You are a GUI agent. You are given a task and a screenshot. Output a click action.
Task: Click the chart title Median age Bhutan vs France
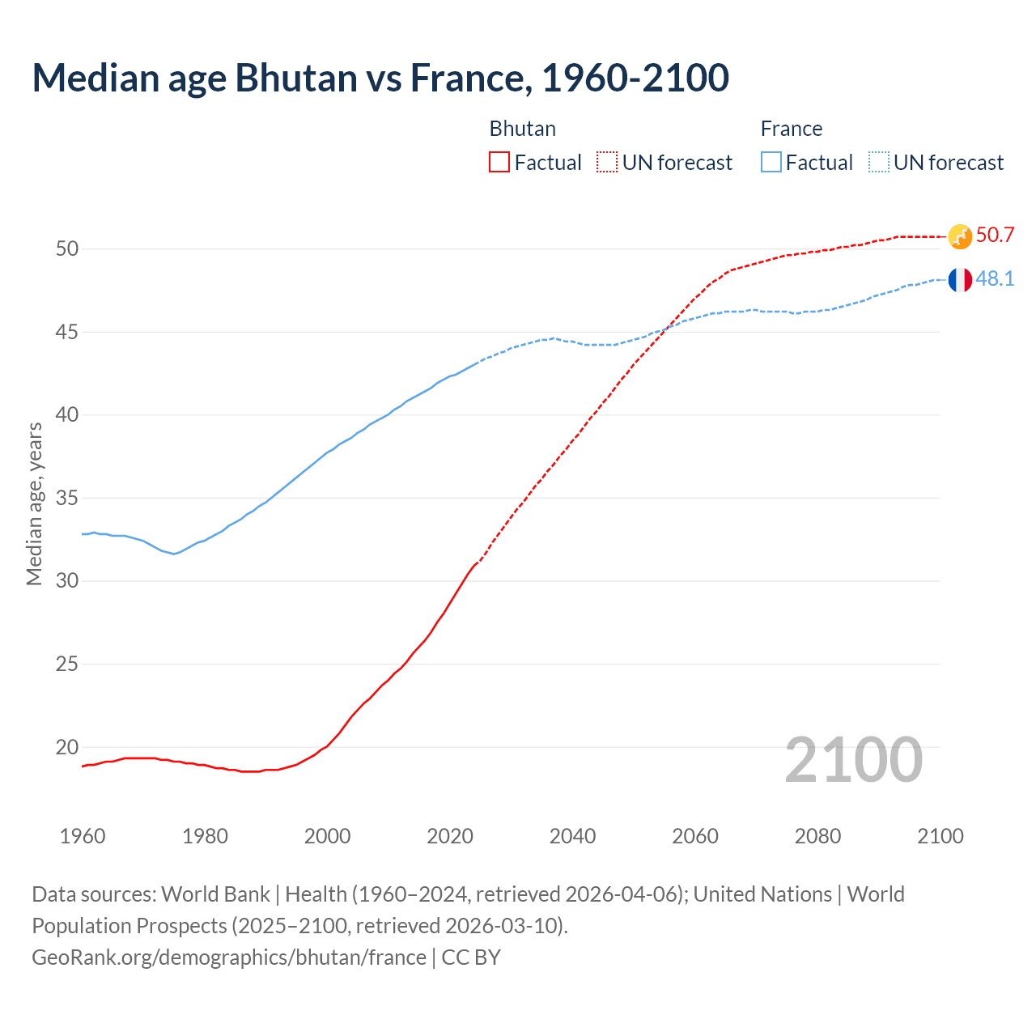pyautogui.click(x=380, y=78)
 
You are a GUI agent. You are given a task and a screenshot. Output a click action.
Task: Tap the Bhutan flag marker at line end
pyautogui.click(x=960, y=236)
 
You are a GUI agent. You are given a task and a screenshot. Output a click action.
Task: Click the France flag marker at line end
pyautogui.click(x=960, y=280)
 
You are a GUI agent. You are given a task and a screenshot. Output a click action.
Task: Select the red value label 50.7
pyautogui.click(x=995, y=236)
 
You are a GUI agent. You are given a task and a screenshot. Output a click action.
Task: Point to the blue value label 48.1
pyautogui.click(x=995, y=279)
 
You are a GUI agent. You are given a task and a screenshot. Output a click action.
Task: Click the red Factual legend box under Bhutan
pyautogui.click(x=499, y=163)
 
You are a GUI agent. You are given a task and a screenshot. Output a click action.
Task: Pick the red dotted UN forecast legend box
pyautogui.click(x=607, y=163)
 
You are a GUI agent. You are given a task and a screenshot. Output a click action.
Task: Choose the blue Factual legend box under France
pyautogui.click(x=771, y=163)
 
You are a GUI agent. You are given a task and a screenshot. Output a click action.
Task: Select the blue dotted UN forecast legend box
pyautogui.click(x=879, y=163)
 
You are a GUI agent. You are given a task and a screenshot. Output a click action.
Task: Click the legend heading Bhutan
pyautogui.click(x=522, y=129)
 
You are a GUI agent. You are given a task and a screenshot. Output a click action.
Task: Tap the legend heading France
pyautogui.click(x=791, y=129)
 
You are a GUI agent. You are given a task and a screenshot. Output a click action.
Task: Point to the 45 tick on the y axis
pyautogui.click(x=67, y=332)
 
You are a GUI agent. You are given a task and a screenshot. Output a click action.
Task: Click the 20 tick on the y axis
pyautogui.click(x=67, y=747)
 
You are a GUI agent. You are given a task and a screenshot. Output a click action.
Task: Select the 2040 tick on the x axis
pyautogui.click(x=572, y=836)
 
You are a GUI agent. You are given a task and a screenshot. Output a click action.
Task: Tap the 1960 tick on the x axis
pyautogui.click(x=83, y=836)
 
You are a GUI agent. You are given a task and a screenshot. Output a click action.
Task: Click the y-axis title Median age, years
pyautogui.click(x=34, y=503)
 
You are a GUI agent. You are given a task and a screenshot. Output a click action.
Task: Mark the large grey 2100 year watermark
pyautogui.click(x=853, y=759)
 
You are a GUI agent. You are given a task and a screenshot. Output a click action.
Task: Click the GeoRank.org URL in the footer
pyautogui.click(x=228, y=957)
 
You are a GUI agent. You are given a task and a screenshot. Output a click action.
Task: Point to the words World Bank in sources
pyautogui.click(x=215, y=894)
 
